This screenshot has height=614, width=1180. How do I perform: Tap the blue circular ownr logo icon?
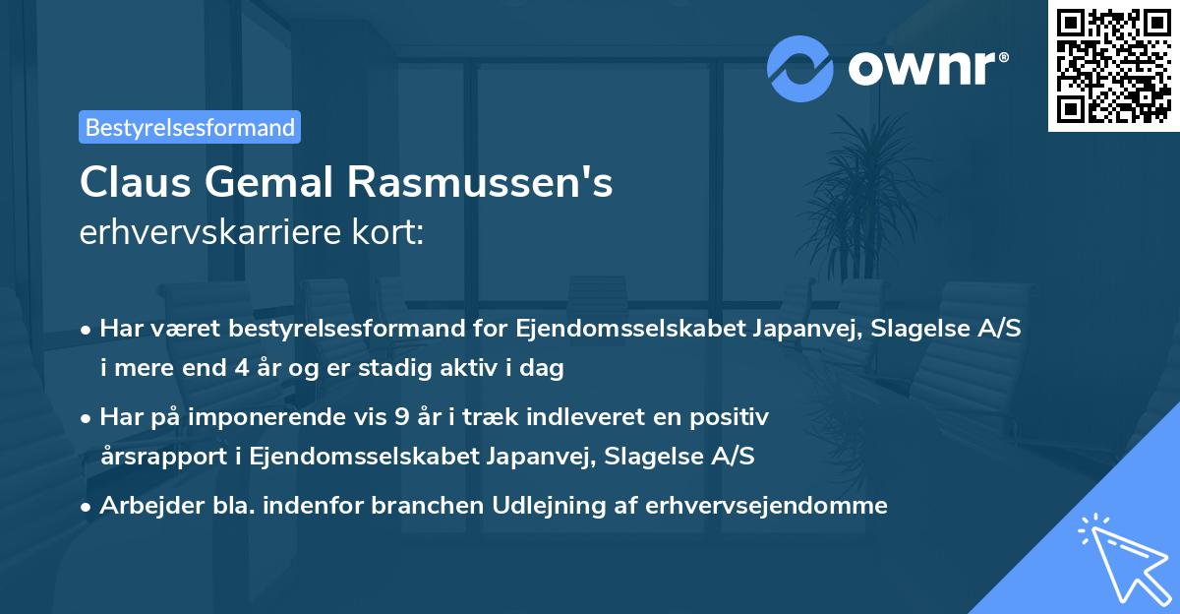[798, 68]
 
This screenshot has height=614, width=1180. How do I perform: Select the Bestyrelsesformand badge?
[190, 127]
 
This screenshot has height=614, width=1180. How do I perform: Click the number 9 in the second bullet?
[401, 417]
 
